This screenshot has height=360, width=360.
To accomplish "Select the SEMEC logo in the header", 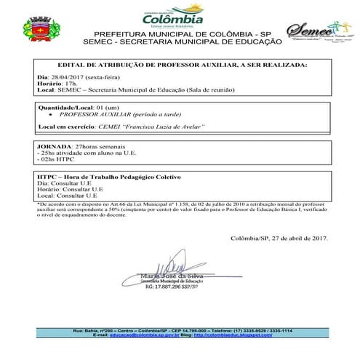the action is [315, 33].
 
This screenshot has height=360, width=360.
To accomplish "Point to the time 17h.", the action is [67, 83].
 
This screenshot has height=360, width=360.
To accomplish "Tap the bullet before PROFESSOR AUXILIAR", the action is [50, 114].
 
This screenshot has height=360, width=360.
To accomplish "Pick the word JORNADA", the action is [50, 146].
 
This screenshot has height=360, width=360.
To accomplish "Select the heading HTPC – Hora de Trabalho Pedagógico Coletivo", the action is [108, 177].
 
